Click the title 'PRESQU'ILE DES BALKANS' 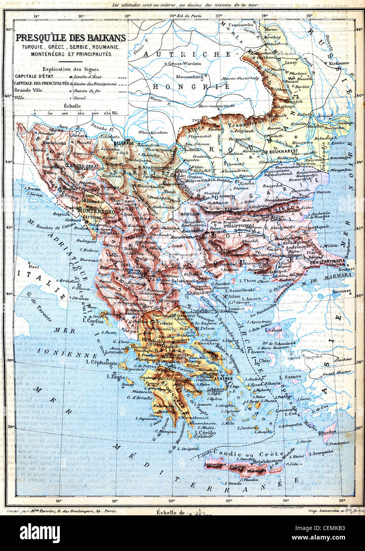click(x=71, y=38)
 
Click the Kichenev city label click(x=337, y=63)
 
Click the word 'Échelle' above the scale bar click(x=72, y=106)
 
